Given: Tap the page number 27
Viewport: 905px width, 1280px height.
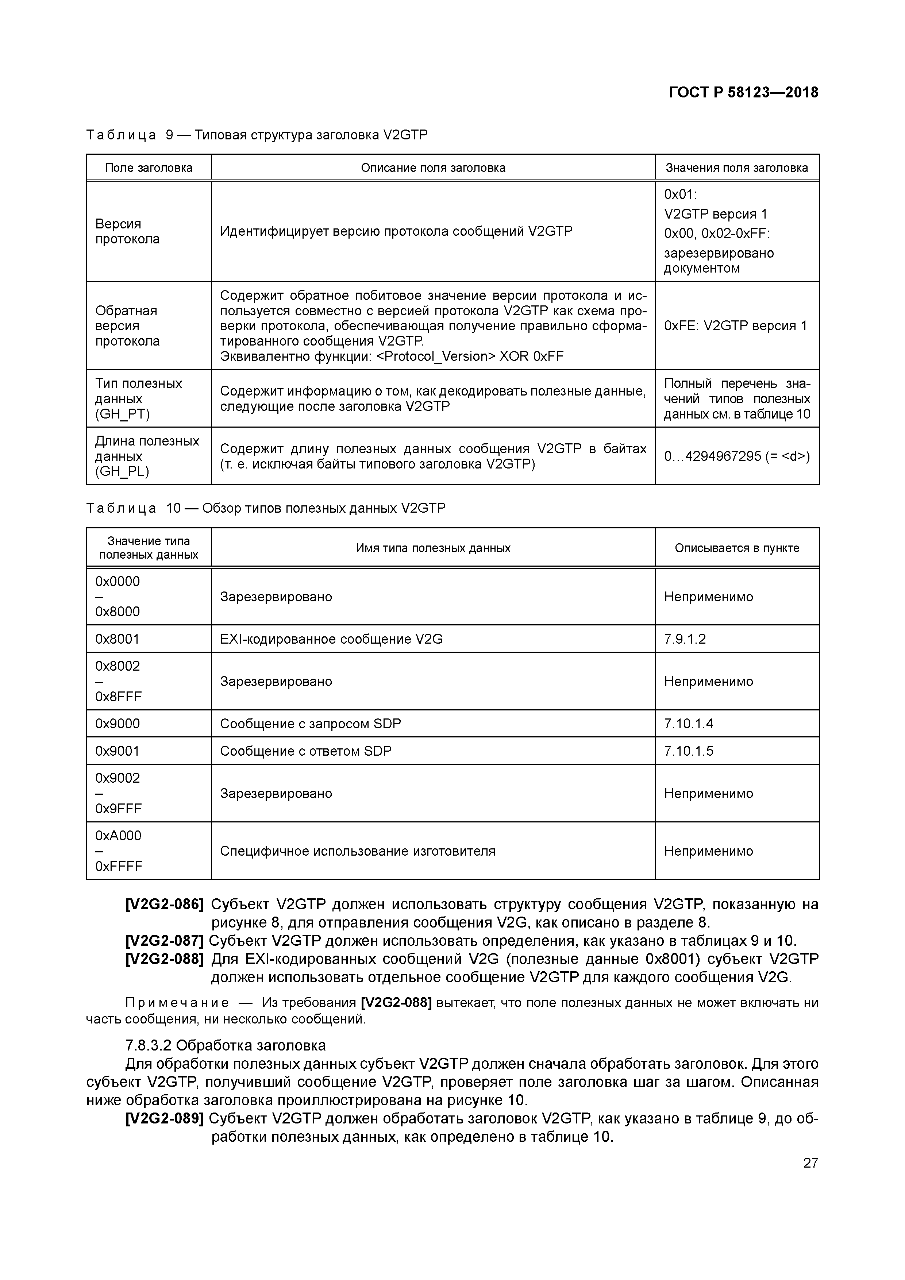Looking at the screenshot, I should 810,1163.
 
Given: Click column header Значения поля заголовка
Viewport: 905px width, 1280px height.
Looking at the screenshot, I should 737,168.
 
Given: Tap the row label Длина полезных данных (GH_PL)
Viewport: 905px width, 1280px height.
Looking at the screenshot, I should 147,456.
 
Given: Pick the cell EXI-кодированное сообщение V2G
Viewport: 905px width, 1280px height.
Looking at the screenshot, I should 331,639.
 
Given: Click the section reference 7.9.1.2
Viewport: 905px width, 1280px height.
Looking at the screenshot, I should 685,639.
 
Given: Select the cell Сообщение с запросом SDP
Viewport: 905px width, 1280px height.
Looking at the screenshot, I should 311,724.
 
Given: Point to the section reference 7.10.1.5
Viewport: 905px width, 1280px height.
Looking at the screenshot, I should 689,751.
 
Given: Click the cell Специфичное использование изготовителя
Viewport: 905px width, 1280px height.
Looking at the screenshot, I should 357,851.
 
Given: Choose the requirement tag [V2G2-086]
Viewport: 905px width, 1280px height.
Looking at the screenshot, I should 165,904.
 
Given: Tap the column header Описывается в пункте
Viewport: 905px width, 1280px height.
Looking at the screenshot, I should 737,548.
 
